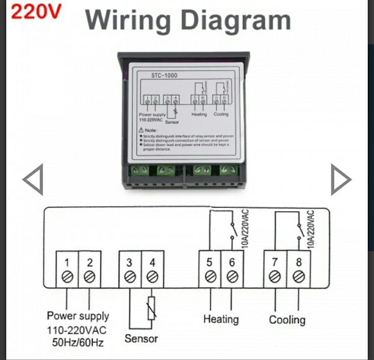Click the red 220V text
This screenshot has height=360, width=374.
[35, 12]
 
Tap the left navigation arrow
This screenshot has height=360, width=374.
[33, 179]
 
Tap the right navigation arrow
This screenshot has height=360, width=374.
[340, 179]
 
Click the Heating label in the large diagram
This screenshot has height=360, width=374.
[221, 319]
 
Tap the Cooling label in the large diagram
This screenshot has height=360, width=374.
[287, 320]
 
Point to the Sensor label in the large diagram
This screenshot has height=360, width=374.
[141, 338]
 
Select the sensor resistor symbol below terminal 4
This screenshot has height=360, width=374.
[152, 308]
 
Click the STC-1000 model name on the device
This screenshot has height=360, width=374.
[165, 76]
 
